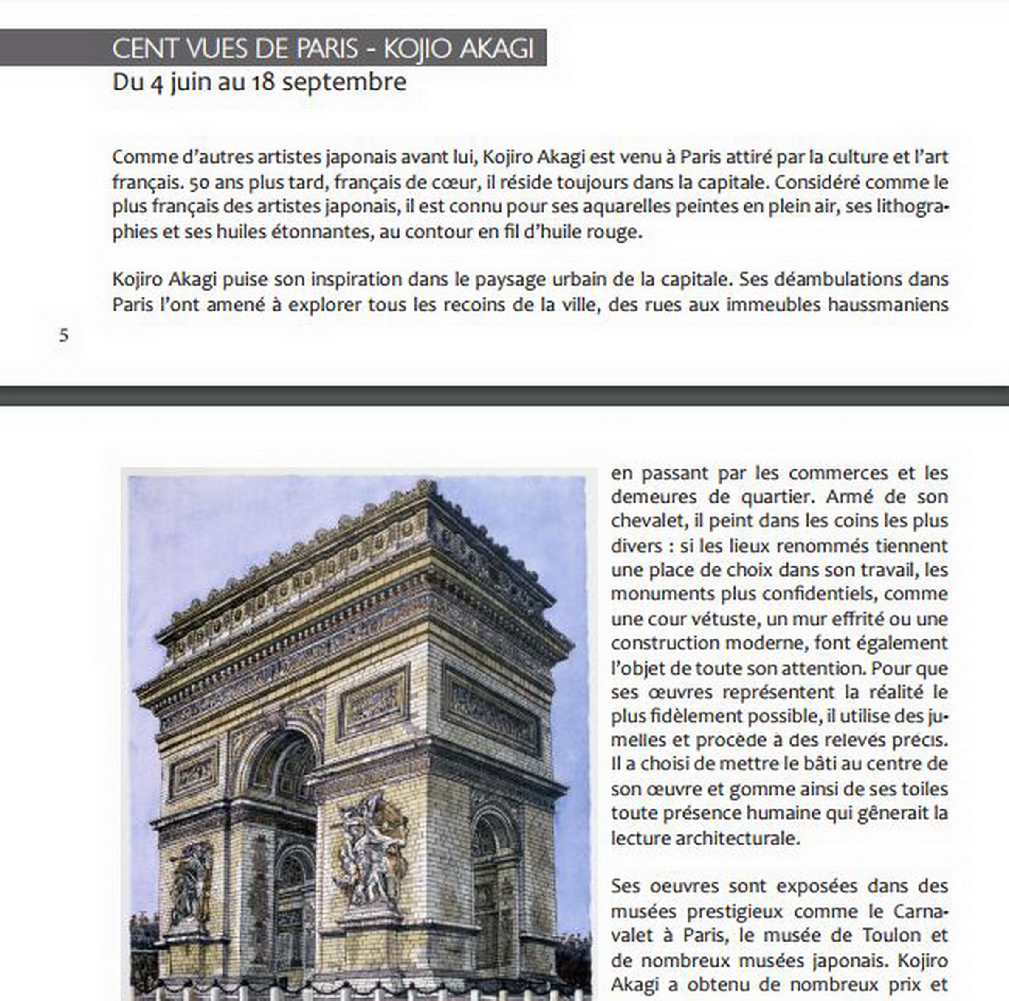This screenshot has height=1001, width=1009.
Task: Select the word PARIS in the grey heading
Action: click(x=327, y=48)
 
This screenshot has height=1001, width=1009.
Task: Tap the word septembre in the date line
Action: click(x=344, y=82)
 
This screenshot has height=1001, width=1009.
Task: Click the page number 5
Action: click(x=64, y=335)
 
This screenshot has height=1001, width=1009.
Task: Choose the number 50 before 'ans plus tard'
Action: click(x=199, y=183)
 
